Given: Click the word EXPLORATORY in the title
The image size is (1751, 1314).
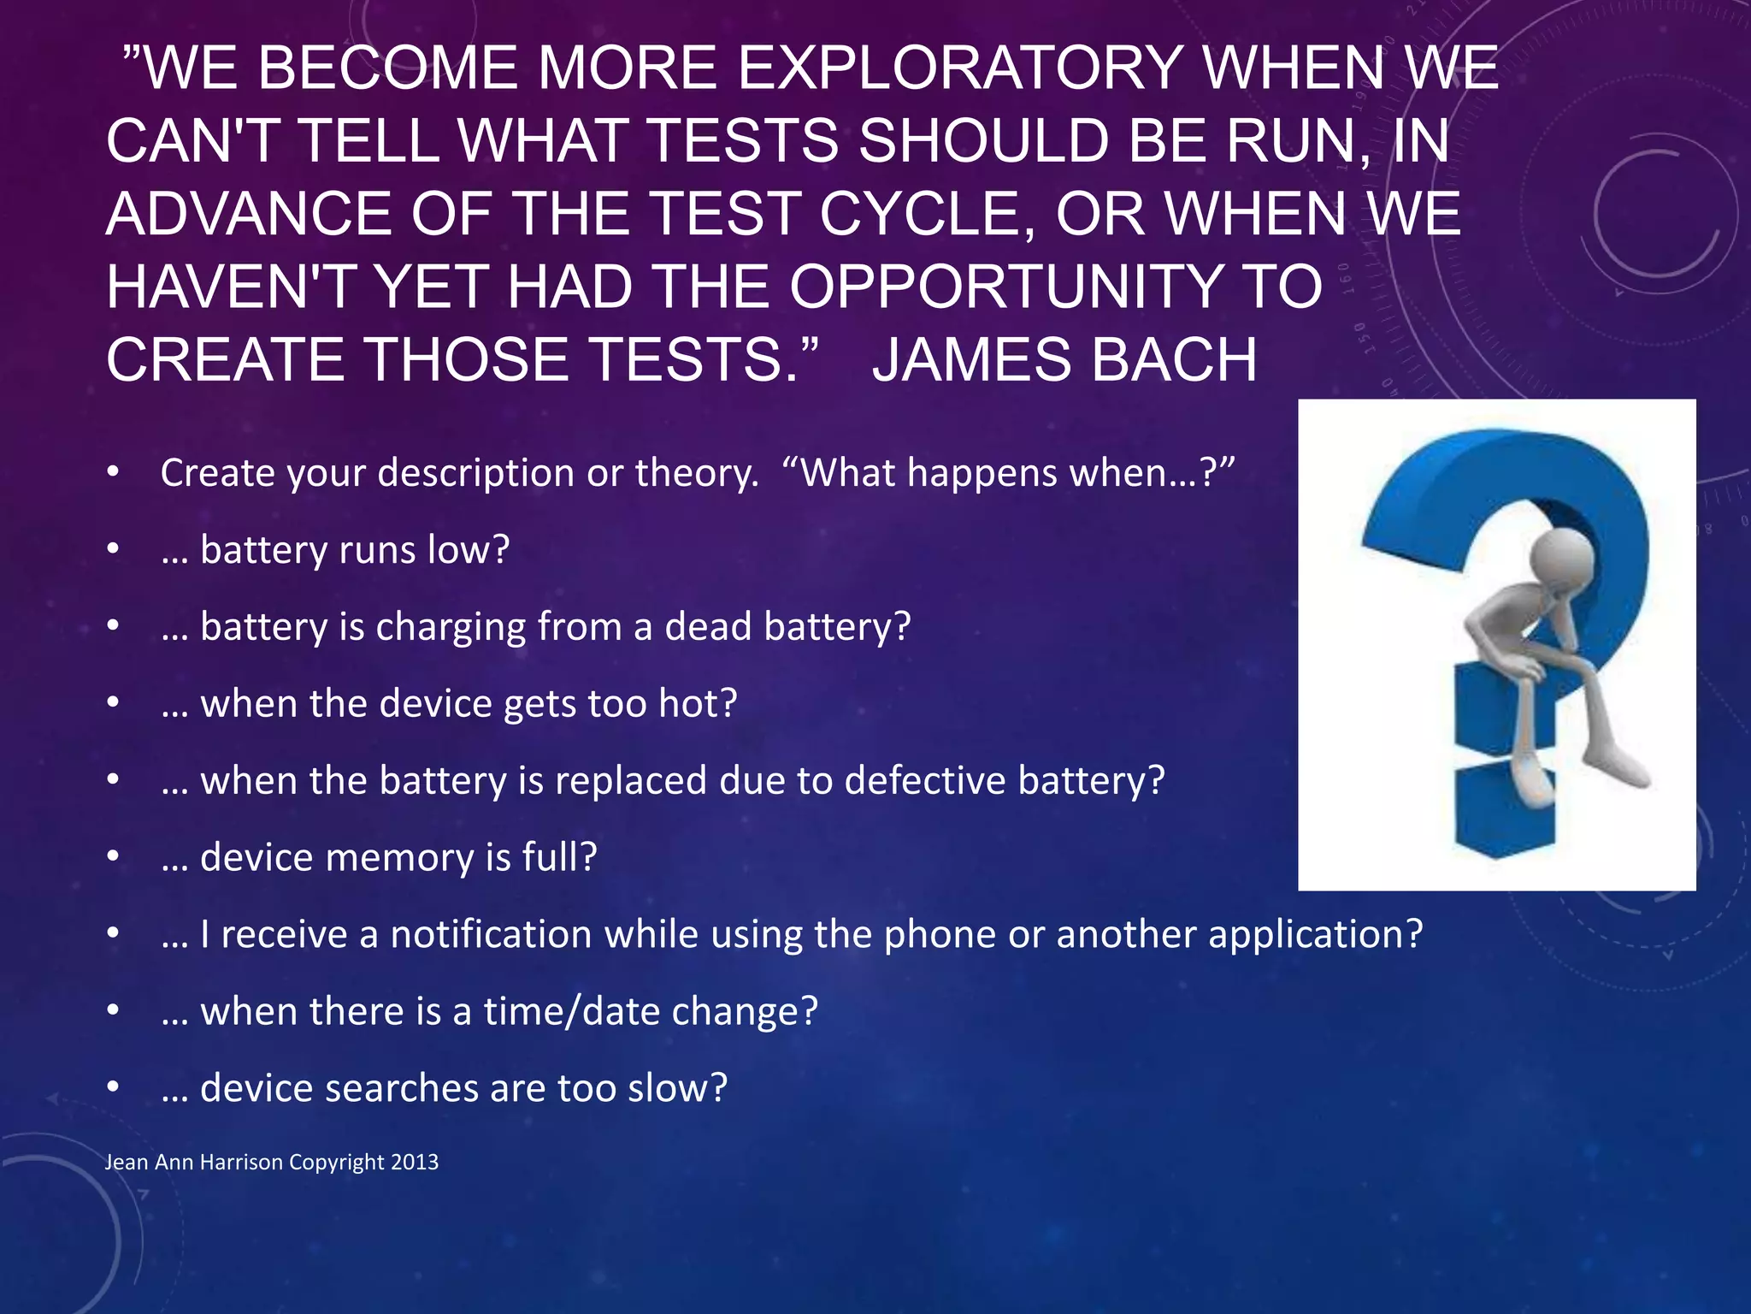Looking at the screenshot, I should (x=960, y=68).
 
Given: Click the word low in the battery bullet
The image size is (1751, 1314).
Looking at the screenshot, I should (x=468, y=549).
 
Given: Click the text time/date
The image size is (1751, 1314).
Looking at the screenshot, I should (x=572, y=1011).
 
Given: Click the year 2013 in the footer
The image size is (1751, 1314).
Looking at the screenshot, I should (x=415, y=1163).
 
